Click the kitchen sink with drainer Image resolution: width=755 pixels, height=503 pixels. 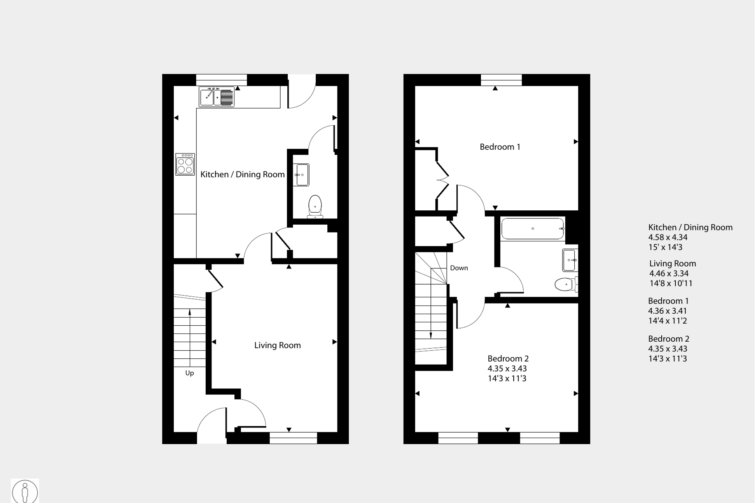point(217,97)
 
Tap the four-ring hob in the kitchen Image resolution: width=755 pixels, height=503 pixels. point(185,164)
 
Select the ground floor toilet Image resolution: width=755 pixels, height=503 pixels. point(315,206)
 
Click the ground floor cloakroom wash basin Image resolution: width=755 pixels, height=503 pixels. point(301,175)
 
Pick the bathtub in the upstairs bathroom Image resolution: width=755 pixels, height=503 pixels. point(533,229)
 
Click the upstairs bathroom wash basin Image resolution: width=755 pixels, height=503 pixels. point(570,260)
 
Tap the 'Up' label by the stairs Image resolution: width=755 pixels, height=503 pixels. point(189,373)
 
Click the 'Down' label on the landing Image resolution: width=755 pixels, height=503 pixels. point(459,268)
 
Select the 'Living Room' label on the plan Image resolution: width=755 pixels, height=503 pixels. point(277,345)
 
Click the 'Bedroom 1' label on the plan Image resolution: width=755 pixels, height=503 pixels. point(500,147)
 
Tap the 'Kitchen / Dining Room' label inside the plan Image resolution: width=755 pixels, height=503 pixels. point(242,175)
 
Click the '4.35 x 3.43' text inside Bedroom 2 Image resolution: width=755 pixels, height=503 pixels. point(507,369)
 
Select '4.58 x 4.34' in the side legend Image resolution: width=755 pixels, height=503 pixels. point(668,238)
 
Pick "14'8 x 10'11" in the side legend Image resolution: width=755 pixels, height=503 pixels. point(671,283)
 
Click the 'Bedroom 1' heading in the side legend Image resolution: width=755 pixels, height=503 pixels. point(668,301)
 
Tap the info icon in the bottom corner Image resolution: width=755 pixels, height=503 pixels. point(25,491)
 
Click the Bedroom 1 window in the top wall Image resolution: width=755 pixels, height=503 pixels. point(501,80)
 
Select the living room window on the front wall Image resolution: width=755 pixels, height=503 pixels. point(293,438)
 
